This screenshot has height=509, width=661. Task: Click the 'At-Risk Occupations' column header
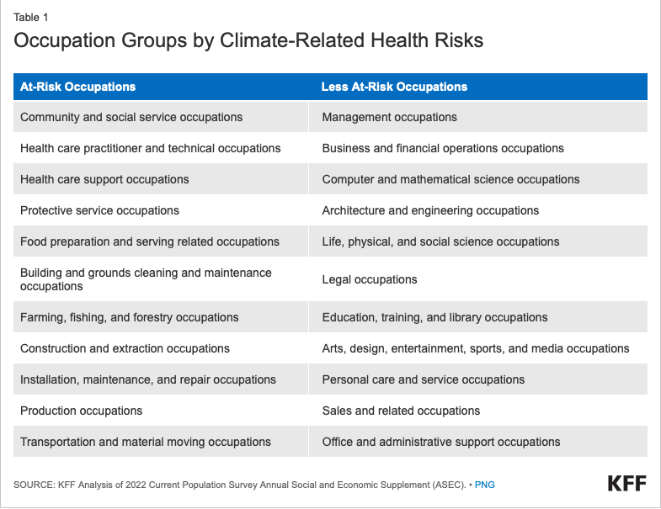tap(77, 87)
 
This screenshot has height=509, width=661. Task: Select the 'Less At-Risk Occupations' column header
tap(394, 87)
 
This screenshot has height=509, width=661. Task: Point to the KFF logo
tap(627, 484)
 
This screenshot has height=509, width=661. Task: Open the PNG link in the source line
tap(485, 485)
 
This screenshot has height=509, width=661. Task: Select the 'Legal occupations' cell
tap(369, 279)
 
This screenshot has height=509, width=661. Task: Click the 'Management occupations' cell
tap(389, 117)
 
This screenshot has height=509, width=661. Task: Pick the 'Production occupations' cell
tap(81, 411)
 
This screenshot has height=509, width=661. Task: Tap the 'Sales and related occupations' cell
tap(401, 411)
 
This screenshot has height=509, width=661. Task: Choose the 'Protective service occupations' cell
tap(99, 210)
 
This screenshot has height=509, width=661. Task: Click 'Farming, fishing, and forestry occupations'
tap(129, 317)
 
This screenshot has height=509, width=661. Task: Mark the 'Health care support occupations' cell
tap(104, 179)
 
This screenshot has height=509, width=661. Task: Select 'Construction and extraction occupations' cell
tap(125, 348)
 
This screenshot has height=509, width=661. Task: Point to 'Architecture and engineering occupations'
tap(430, 210)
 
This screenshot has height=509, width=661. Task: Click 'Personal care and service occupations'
tap(423, 379)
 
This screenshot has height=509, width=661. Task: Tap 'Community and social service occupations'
tap(131, 117)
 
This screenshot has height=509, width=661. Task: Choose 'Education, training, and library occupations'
tap(434, 317)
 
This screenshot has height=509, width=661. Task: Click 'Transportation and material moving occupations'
tap(146, 442)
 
